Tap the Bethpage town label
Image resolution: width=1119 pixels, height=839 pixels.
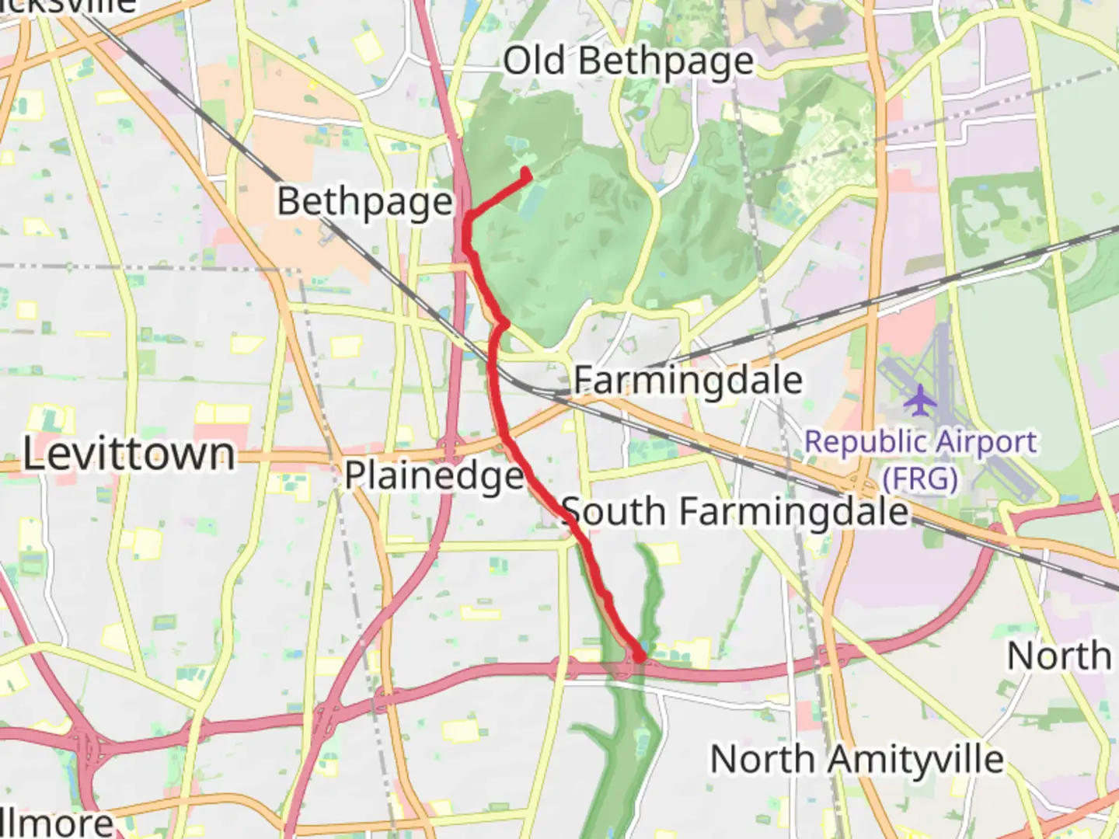[x=365, y=202]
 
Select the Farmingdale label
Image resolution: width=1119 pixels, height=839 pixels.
[x=688, y=381]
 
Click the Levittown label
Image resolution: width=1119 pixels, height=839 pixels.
[x=129, y=454]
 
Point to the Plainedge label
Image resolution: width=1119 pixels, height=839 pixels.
[x=434, y=475]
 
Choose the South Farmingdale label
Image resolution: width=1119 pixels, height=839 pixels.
[x=734, y=511]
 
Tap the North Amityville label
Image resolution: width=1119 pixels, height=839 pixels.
[x=857, y=759]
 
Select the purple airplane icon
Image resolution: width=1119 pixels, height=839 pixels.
[x=921, y=400]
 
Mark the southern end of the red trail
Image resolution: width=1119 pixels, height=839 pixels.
[x=640, y=657]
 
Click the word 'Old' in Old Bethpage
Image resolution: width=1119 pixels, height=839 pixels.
[x=535, y=61]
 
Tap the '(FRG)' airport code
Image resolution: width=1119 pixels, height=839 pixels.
[x=920, y=479]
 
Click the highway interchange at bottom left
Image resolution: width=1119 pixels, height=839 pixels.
[x=89, y=747]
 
